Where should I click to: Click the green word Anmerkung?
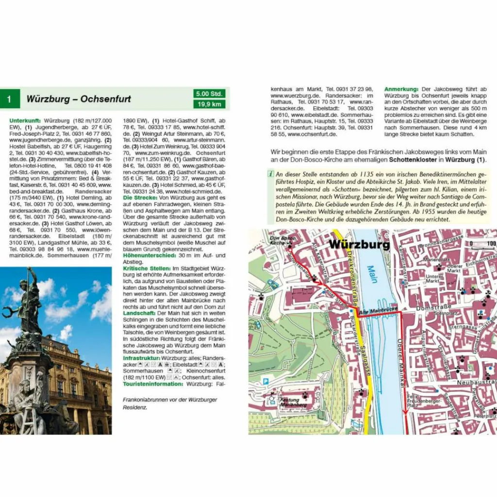401,90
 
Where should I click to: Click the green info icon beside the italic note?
270,174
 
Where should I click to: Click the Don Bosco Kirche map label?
281,240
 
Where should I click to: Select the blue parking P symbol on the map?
265,382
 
